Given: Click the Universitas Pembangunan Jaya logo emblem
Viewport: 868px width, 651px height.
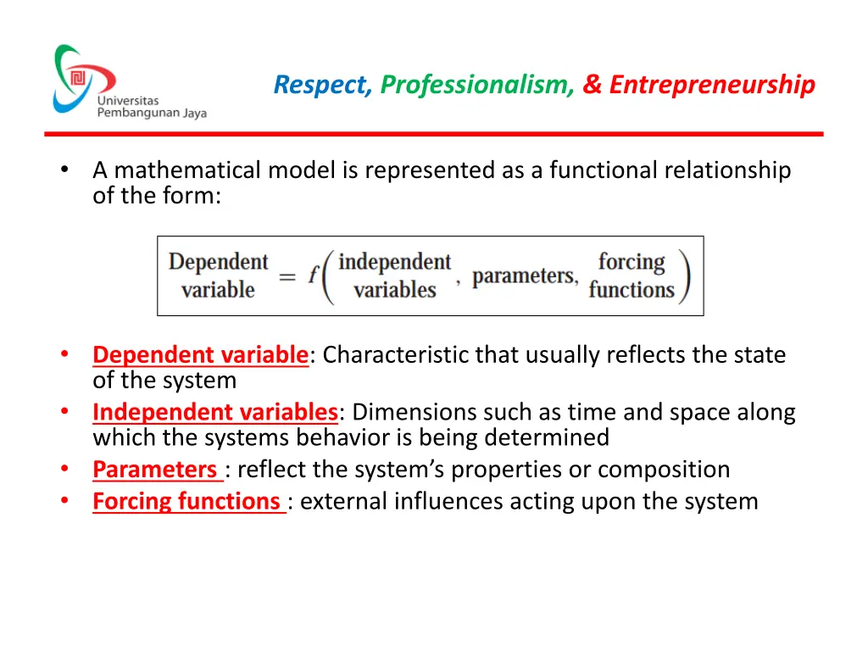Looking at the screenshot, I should (82, 79).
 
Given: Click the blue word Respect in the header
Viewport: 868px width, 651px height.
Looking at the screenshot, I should (322, 85).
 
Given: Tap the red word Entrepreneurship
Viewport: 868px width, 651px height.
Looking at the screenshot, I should (712, 85).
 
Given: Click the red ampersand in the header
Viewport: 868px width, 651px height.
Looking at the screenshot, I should (592, 85).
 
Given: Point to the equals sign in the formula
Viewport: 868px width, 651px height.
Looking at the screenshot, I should (287, 276).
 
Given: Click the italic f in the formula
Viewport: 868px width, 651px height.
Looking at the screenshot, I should (312, 276).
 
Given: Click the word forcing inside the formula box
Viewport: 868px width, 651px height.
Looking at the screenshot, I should (632, 262).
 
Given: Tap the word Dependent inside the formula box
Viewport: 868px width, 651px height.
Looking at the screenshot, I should (218, 262).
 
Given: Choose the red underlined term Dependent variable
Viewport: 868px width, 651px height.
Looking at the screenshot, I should (200, 355).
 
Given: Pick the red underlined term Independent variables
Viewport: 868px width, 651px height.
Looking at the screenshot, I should (215, 413).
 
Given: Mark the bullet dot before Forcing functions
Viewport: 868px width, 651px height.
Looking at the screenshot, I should (64, 501).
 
